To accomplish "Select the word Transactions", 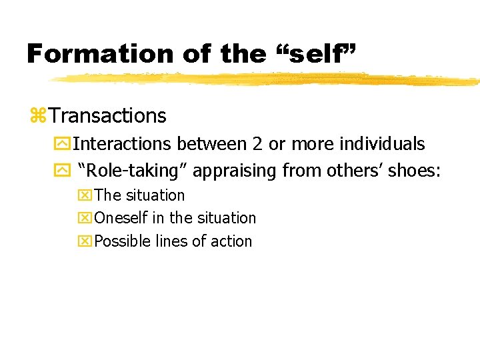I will (107, 116).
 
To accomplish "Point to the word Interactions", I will (123, 144).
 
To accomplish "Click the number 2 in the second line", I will (256, 144).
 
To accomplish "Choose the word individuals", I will (383, 144).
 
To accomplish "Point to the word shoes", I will (413, 171).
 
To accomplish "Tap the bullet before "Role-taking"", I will (65, 171).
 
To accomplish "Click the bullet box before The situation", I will (86, 196).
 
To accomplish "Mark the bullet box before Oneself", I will (86, 219).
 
